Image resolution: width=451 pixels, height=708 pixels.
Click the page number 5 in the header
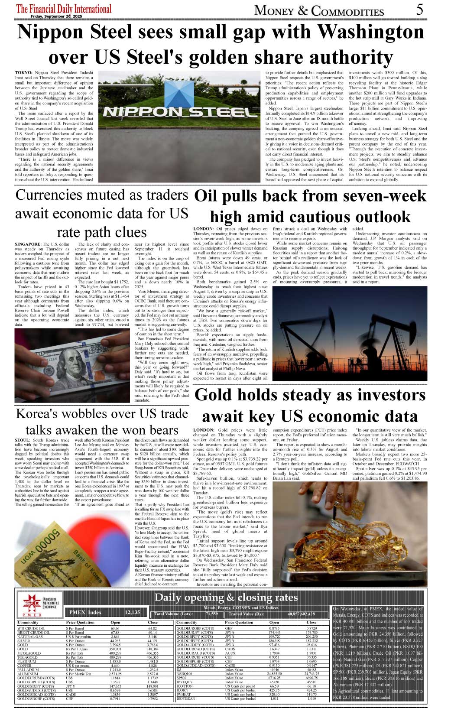[419, 10]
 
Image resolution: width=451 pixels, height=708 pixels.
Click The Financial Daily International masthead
[63, 8]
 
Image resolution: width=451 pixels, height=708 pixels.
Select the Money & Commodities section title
[319, 10]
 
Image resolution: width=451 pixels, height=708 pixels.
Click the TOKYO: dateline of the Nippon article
[23, 72]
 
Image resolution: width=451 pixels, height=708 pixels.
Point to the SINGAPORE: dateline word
[28, 244]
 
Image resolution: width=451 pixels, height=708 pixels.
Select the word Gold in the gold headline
[212, 395]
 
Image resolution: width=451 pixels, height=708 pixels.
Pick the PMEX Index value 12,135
[132, 612]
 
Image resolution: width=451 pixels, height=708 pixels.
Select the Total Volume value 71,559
[212, 614]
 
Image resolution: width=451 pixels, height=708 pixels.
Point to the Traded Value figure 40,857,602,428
[301, 614]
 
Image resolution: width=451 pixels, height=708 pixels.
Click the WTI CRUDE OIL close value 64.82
[152, 628]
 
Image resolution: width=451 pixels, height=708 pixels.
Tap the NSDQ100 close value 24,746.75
[311, 674]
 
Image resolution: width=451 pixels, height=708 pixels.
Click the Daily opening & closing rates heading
[226, 598]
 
